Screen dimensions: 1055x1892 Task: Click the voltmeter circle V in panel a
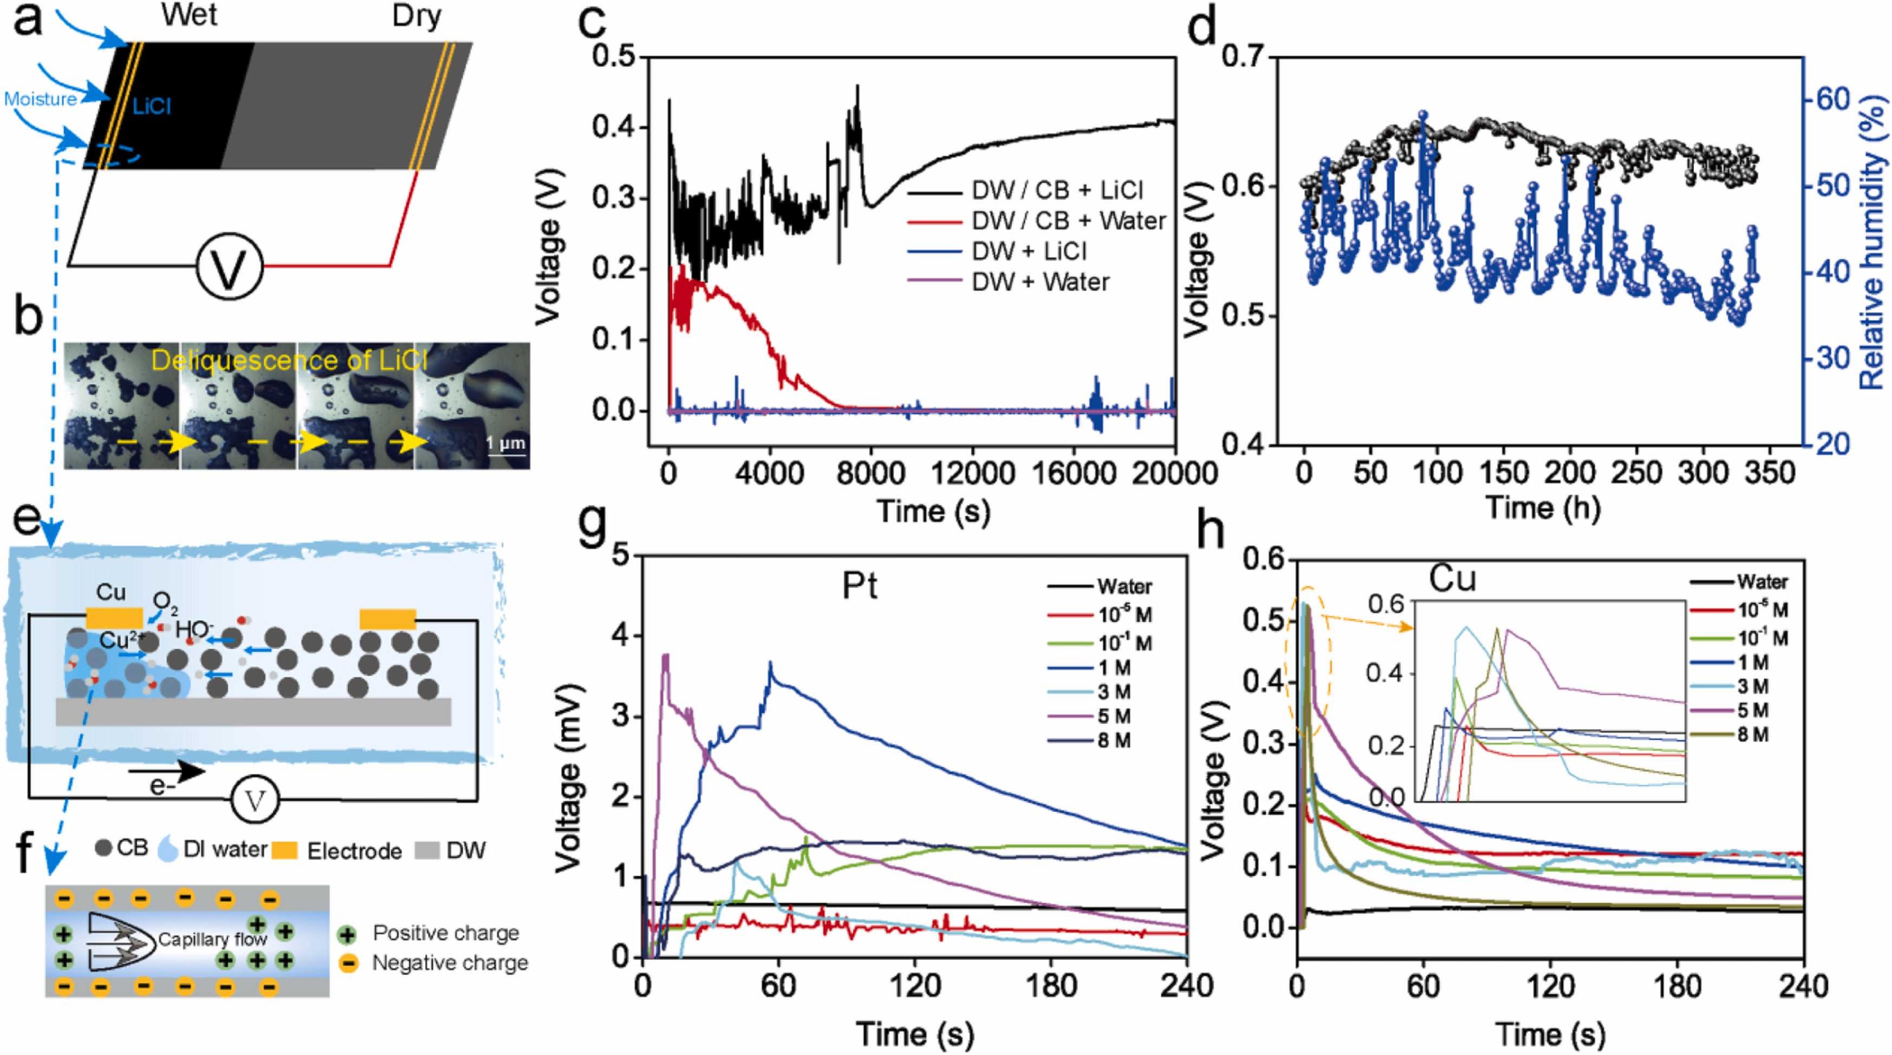click(x=229, y=265)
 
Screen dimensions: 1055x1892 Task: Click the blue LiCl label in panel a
click(x=152, y=107)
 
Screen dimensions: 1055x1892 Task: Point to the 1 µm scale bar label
click(x=506, y=443)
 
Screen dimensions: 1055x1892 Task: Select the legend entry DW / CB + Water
click(x=1069, y=221)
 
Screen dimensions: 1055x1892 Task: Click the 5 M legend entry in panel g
click(x=1114, y=716)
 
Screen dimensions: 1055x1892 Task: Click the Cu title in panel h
click(x=1452, y=580)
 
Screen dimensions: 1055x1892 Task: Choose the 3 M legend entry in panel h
click(x=1753, y=686)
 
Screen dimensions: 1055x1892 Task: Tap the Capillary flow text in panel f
click(x=212, y=939)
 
